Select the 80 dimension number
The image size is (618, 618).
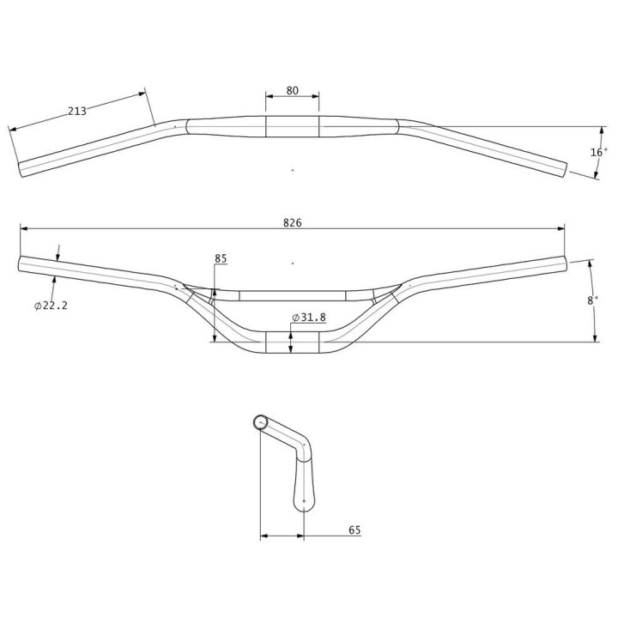tap(292, 90)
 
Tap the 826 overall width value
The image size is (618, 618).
tap(292, 221)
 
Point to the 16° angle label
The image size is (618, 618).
tap(598, 152)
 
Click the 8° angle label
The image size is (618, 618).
tap(592, 300)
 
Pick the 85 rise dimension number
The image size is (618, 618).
tap(221, 257)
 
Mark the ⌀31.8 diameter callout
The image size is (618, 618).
tap(309, 318)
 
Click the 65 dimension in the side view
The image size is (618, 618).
tap(354, 530)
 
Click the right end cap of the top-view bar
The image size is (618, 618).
tap(566, 168)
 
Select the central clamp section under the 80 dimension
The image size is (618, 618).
tap(292, 126)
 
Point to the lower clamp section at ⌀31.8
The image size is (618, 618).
tap(292, 342)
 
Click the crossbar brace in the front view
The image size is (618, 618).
tap(292, 295)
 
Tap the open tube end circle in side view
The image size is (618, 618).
tap(262, 421)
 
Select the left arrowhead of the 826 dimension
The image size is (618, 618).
tap(23, 228)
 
